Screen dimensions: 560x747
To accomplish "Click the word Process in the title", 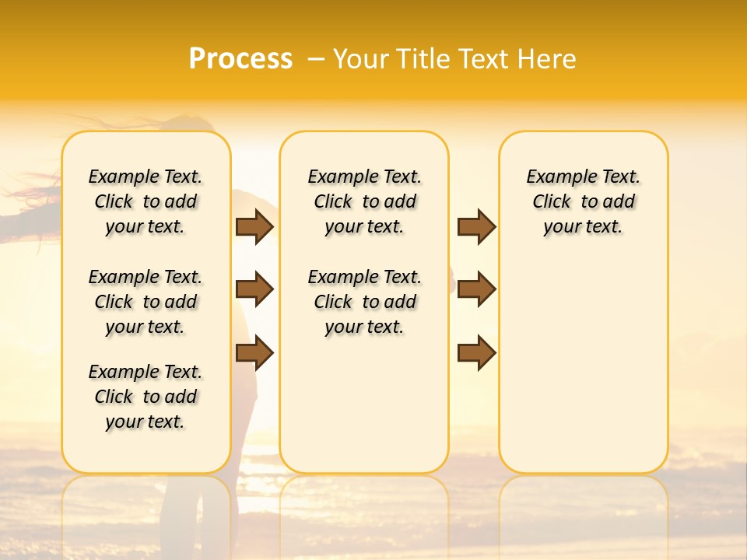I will [240, 59].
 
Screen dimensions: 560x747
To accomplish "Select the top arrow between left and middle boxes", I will [254, 226].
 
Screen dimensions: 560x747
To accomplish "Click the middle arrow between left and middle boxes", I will [254, 290].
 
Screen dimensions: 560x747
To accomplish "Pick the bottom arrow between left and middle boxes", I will [254, 353].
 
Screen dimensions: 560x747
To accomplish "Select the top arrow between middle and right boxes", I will [476, 226].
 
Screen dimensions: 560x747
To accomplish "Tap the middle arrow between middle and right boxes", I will [476, 290].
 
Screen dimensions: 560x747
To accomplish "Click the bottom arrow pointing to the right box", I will [476, 353].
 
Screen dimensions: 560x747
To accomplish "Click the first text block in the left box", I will [146, 201].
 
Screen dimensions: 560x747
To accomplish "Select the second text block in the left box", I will [146, 302].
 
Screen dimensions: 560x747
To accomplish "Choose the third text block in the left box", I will [146, 397].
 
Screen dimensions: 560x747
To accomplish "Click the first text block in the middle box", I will [365, 201].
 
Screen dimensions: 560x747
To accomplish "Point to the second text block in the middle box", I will [365, 302].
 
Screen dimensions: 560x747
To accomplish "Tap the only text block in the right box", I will [584, 201].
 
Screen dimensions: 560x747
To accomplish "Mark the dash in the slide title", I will [316, 59].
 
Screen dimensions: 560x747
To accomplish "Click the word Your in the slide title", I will [361, 59].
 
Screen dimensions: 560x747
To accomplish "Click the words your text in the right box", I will [584, 227].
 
